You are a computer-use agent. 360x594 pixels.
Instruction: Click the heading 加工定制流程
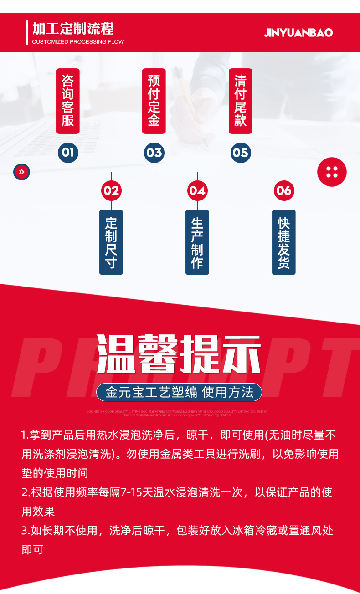click(x=73, y=29)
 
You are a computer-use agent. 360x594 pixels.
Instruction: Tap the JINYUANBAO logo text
click(x=298, y=32)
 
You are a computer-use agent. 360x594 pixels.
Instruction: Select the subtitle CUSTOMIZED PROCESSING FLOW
click(x=78, y=42)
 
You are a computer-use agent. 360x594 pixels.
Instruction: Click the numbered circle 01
click(x=68, y=152)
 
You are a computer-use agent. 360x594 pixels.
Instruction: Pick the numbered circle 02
click(x=111, y=190)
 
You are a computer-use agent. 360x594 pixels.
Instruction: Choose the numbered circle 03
click(x=154, y=152)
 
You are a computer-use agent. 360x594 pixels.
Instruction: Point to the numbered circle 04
click(x=197, y=190)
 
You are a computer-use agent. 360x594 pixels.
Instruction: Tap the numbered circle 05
click(x=240, y=152)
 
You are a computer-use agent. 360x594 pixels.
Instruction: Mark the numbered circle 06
click(x=283, y=190)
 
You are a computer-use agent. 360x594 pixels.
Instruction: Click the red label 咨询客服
click(x=68, y=101)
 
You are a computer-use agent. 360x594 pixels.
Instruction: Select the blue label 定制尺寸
click(x=111, y=242)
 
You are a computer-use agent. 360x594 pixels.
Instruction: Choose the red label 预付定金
click(x=154, y=101)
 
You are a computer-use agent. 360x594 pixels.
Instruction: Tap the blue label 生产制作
click(x=197, y=242)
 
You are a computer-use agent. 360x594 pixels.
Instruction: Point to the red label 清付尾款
click(x=240, y=101)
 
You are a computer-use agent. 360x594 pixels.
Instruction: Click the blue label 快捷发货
click(x=283, y=242)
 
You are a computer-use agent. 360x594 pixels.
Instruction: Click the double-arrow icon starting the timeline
click(x=21, y=172)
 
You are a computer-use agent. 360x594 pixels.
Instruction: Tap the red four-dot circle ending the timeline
click(x=332, y=172)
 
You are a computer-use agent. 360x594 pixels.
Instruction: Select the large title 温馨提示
click(x=179, y=354)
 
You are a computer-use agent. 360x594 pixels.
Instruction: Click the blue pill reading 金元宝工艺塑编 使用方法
click(x=179, y=392)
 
